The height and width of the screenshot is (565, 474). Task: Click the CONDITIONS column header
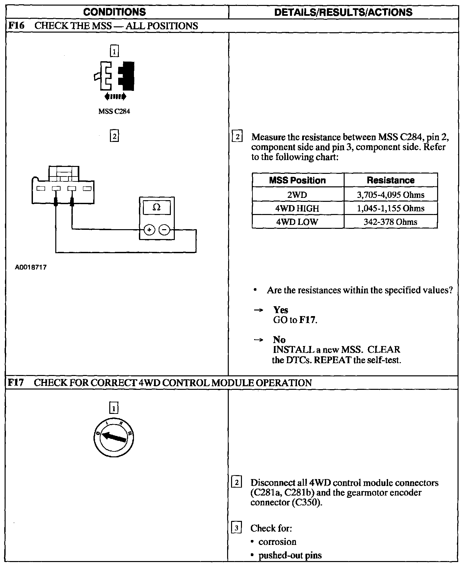point(114,12)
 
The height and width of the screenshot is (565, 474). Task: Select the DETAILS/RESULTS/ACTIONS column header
point(343,12)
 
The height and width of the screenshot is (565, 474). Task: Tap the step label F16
point(16,26)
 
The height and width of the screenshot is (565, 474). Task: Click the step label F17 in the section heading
point(16,383)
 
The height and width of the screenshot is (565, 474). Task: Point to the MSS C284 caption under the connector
point(114,111)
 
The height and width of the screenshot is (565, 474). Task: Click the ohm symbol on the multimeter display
point(157,208)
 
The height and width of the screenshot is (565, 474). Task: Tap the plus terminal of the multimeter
point(149,230)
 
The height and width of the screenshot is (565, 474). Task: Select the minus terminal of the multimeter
point(164,230)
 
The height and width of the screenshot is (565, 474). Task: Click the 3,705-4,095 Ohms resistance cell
point(391,195)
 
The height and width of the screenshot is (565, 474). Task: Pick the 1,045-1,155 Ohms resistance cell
point(391,208)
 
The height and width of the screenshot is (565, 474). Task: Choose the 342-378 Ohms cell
point(391,222)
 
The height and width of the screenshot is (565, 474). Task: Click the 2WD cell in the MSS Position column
point(297,195)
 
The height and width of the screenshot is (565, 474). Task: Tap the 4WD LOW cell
point(297,222)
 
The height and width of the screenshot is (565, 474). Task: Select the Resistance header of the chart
point(391,180)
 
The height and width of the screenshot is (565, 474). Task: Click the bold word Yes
point(280,310)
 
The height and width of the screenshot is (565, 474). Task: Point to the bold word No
point(279,339)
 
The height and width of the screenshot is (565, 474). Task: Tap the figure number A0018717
point(31,267)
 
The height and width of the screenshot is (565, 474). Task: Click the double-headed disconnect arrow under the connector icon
point(115,96)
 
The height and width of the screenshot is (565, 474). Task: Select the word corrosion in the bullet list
point(277,542)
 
